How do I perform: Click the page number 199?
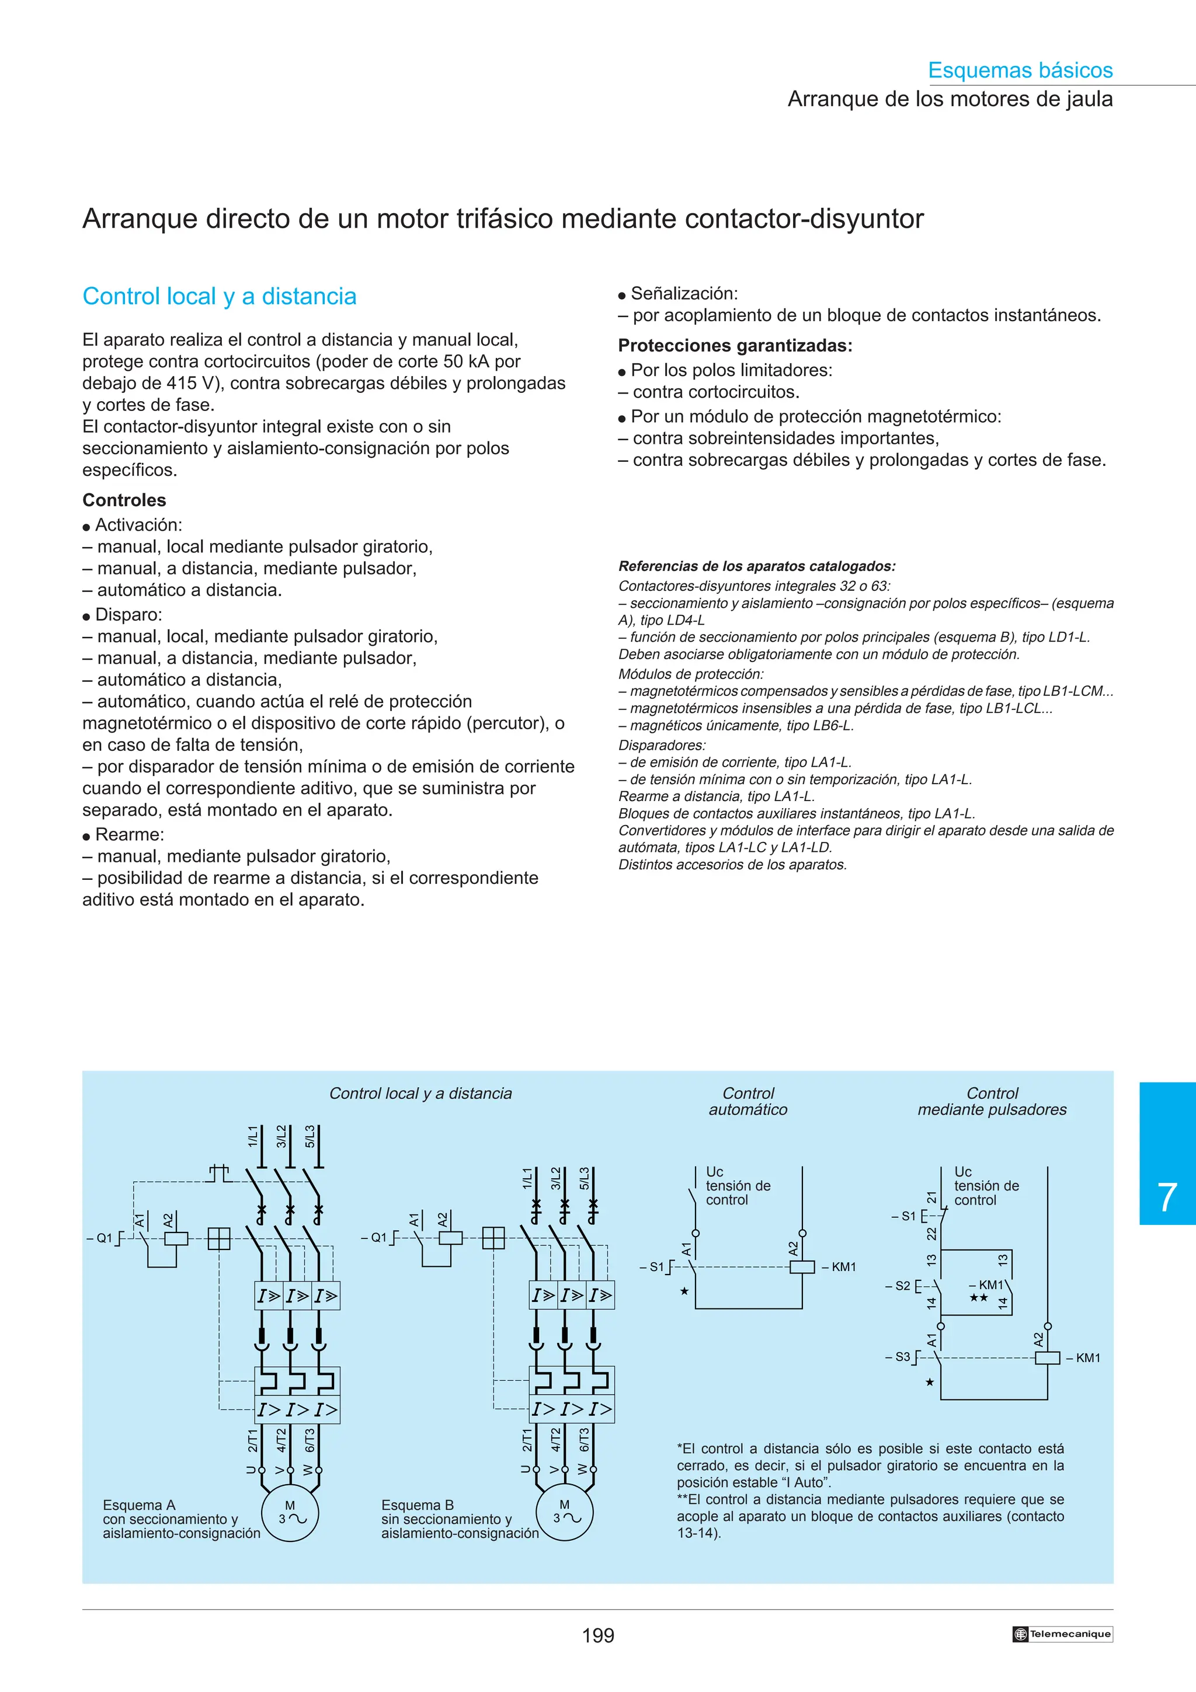(597, 1635)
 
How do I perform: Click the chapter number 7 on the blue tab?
(1167, 1197)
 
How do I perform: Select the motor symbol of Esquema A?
(290, 1513)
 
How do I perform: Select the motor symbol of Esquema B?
(565, 1512)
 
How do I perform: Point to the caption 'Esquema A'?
(139, 1505)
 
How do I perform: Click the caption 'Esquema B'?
(417, 1505)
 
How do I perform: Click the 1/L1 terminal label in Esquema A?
(253, 1136)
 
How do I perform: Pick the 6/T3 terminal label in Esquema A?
(310, 1440)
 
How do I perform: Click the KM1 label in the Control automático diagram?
(844, 1267)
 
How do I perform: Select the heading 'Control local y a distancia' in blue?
(220, 296)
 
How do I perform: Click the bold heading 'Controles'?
(124, 500)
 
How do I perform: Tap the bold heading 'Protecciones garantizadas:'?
(735, 346)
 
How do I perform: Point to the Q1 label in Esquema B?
(377, 1237)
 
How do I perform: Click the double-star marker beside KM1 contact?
(979, 1298)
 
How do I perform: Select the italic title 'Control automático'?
(748, 1101)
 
